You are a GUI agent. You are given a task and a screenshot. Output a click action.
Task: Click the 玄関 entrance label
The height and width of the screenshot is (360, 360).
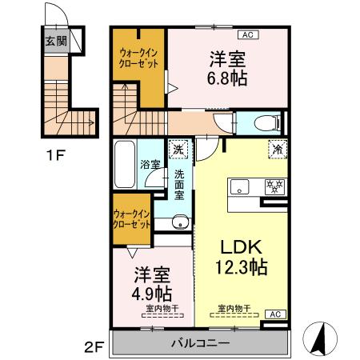click(55, 41)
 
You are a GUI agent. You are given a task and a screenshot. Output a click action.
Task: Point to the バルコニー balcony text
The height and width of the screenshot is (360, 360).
click(199, 343)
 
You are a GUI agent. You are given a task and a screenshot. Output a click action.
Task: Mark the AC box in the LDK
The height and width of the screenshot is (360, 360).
click(272, 314)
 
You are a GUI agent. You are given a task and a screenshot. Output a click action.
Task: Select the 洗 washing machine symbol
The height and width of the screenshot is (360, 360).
click(179, 148)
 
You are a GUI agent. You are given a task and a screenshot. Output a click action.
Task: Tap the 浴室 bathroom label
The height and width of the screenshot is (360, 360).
click(148, 164)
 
